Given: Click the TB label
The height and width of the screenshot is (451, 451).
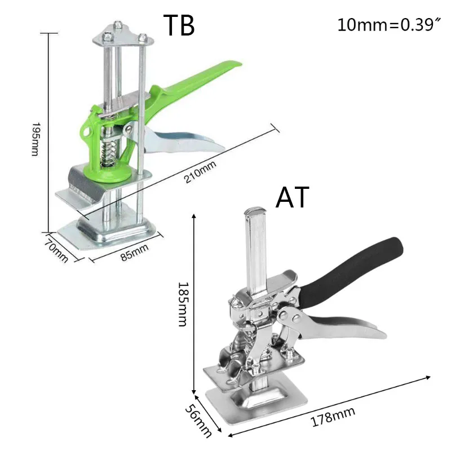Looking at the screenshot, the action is coord(179,25).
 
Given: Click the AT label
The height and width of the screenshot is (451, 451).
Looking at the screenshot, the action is coord(292,197).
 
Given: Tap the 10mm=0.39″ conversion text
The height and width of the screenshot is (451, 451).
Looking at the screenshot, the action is coord(389,25).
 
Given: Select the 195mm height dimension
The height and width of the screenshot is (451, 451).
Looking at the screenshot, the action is coord(35,139).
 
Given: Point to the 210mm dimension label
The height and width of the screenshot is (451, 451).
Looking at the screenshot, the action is coord(200,172).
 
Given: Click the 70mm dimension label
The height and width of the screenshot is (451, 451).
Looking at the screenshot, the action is coord(56,250).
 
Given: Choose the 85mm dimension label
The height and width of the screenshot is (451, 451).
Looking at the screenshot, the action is coord(135,252).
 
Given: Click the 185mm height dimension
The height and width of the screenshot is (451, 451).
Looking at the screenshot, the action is coord(183,304).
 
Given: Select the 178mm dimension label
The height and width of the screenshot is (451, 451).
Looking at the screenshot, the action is coord(333,417).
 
